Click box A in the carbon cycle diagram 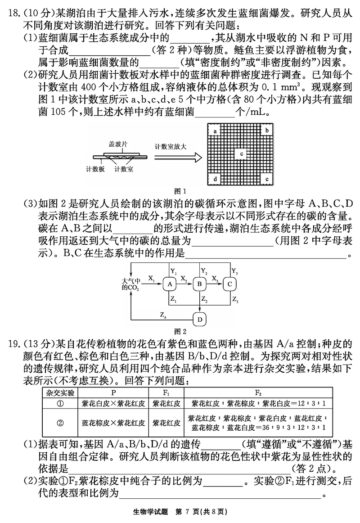170,284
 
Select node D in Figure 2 200,320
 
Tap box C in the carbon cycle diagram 229,284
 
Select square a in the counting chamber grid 216,131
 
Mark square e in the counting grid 267,179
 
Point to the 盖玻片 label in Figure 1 118,144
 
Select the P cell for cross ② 113,423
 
